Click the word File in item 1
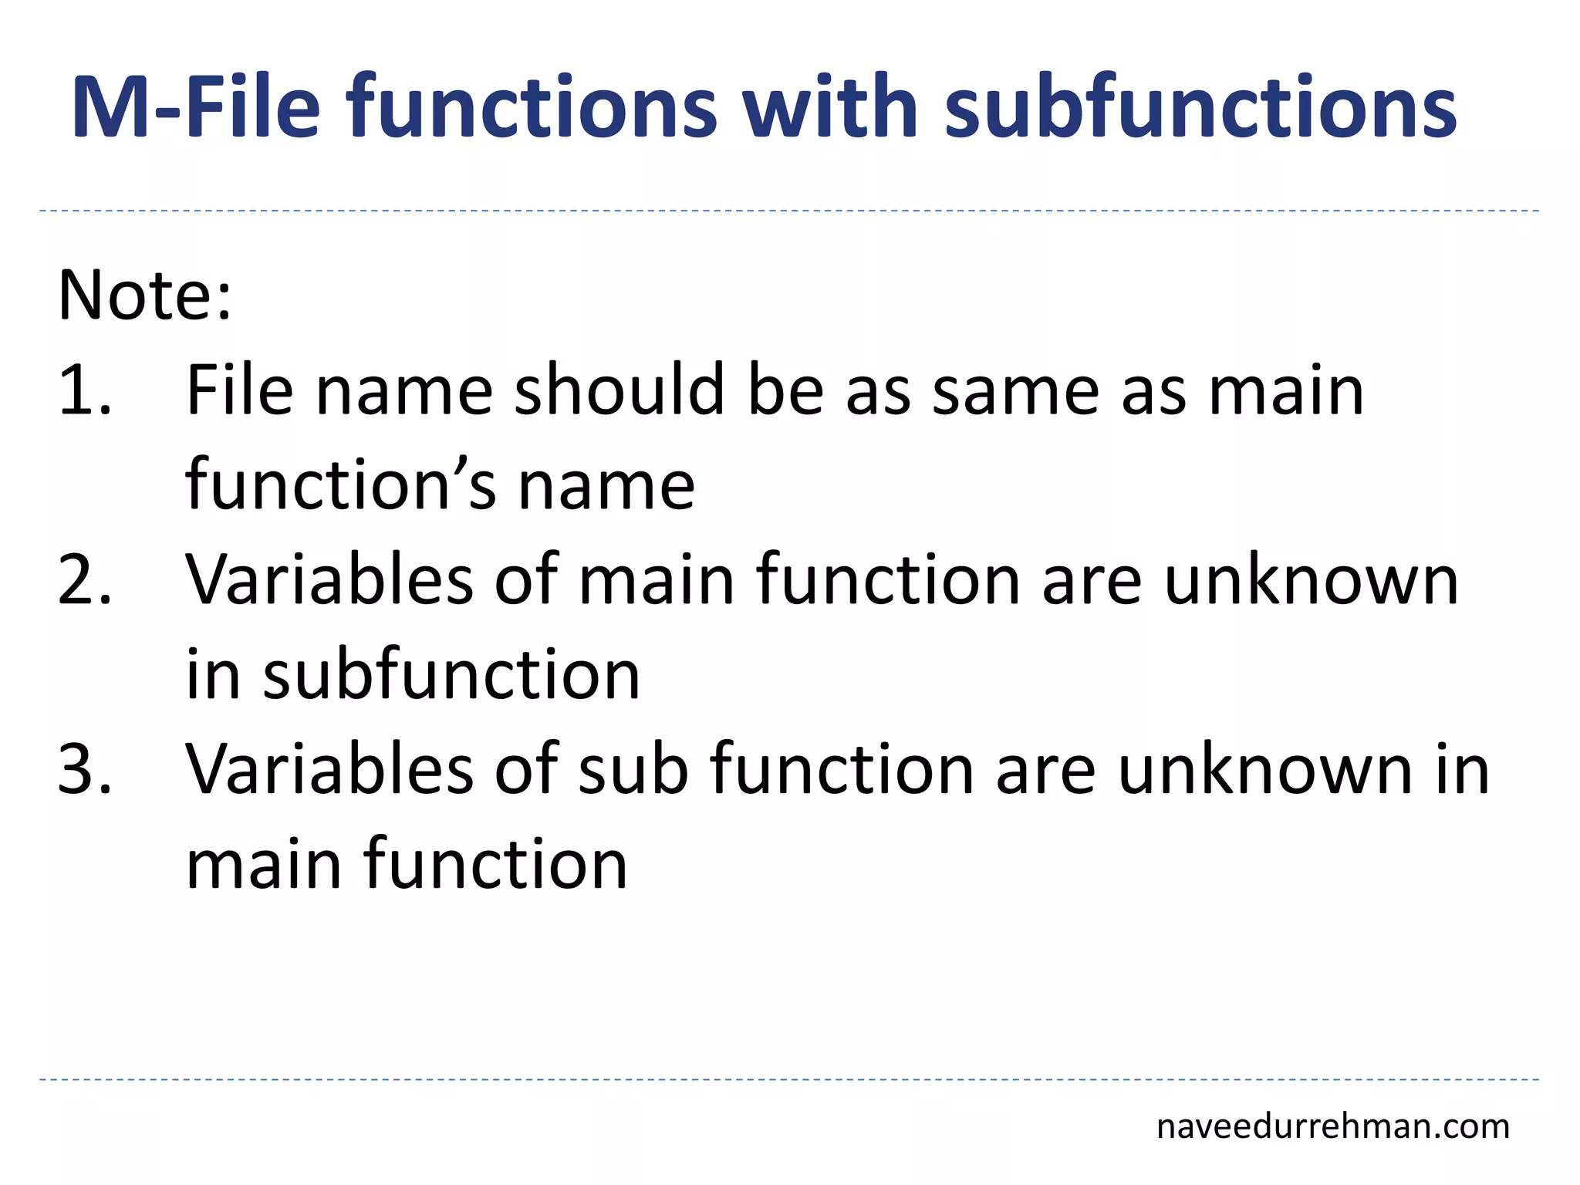coord(239,391)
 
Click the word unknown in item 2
coord(1311,580)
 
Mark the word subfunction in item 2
coord(451,675)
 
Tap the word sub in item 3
coord(633,769)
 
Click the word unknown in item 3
coord(1264,769)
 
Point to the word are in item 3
coord(1045,769)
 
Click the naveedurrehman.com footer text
coord(1332,1127)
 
